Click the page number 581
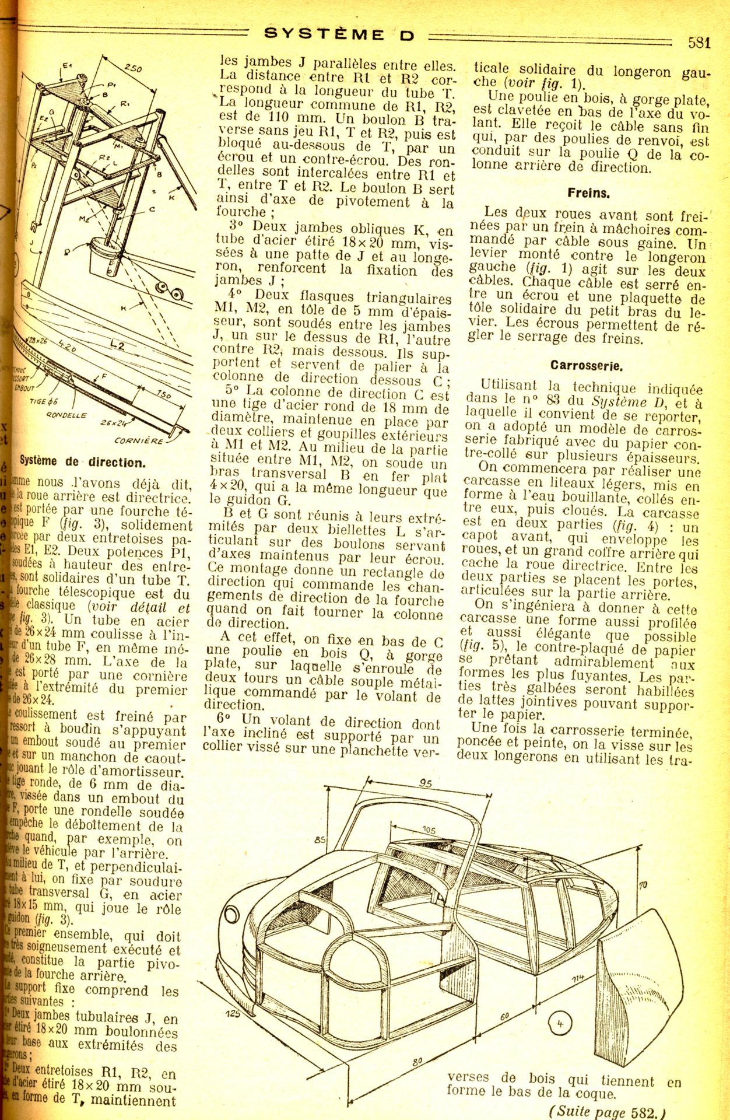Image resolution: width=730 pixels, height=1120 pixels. click(x=699, y=43)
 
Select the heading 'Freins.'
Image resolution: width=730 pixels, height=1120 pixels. click(x=588, y=193)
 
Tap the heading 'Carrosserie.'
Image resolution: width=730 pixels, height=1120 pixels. click(x=587, y=366)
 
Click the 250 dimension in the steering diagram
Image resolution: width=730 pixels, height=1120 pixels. click(x=133, y=68)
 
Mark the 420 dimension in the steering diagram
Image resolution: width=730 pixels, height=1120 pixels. click(x=66, y=348)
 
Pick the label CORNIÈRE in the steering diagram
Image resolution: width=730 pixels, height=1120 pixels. click(x=138, y=441)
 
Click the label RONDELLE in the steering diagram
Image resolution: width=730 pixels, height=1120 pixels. click(x=66, y=415)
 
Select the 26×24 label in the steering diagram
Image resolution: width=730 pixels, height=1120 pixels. click(x=114, y=422)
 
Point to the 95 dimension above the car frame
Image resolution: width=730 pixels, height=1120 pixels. click(x=425, y=783)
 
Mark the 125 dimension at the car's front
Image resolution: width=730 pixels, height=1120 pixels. click(x=233, y=1014)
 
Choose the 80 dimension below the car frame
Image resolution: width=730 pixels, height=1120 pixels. click(x=417, y=1062)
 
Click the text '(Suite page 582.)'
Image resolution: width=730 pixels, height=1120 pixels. click(x=607, y=1111)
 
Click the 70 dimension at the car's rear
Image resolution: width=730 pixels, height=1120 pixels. click(x=643, y=885)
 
